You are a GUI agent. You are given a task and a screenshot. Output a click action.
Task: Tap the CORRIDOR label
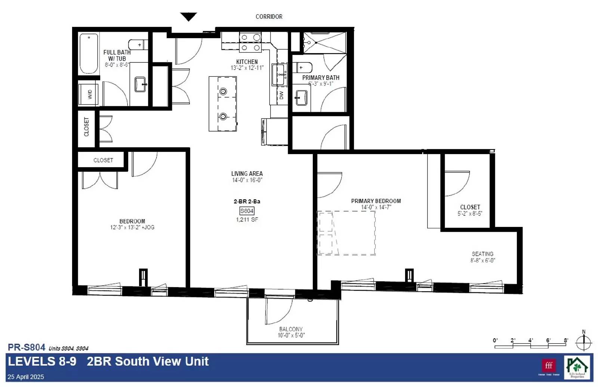tap(269, 16)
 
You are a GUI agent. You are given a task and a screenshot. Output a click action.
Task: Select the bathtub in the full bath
tap(89, 53)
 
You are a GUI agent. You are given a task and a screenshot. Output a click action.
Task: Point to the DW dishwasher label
tap(281, 95)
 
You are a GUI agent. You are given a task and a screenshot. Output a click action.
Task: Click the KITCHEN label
tap(247, 62)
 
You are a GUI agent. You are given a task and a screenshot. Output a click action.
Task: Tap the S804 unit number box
tap(247, 211)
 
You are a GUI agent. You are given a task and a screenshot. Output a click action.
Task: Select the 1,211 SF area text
tap(247, 219)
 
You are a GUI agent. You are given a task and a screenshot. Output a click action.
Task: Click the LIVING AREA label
tap(247, 173)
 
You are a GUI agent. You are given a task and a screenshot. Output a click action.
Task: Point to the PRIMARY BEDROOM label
tap(376, 201)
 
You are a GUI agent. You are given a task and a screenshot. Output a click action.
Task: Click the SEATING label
tap(482, 254)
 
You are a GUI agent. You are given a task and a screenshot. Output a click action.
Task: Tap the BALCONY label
tap(291, 329)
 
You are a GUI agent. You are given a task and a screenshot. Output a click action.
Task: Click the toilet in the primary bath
tap(305, 68)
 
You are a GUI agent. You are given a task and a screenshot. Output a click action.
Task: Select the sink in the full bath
tap(140, 84)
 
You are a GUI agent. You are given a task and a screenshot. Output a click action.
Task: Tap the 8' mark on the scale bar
tap(566, 340)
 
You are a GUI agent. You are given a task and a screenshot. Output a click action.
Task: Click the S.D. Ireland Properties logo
tap(577, 367)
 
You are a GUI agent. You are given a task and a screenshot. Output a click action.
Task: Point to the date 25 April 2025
tap(26, 377)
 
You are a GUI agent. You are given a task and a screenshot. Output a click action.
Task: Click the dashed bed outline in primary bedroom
tap(346, 233)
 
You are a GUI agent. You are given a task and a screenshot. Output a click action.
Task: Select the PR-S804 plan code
tap(27, 347)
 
